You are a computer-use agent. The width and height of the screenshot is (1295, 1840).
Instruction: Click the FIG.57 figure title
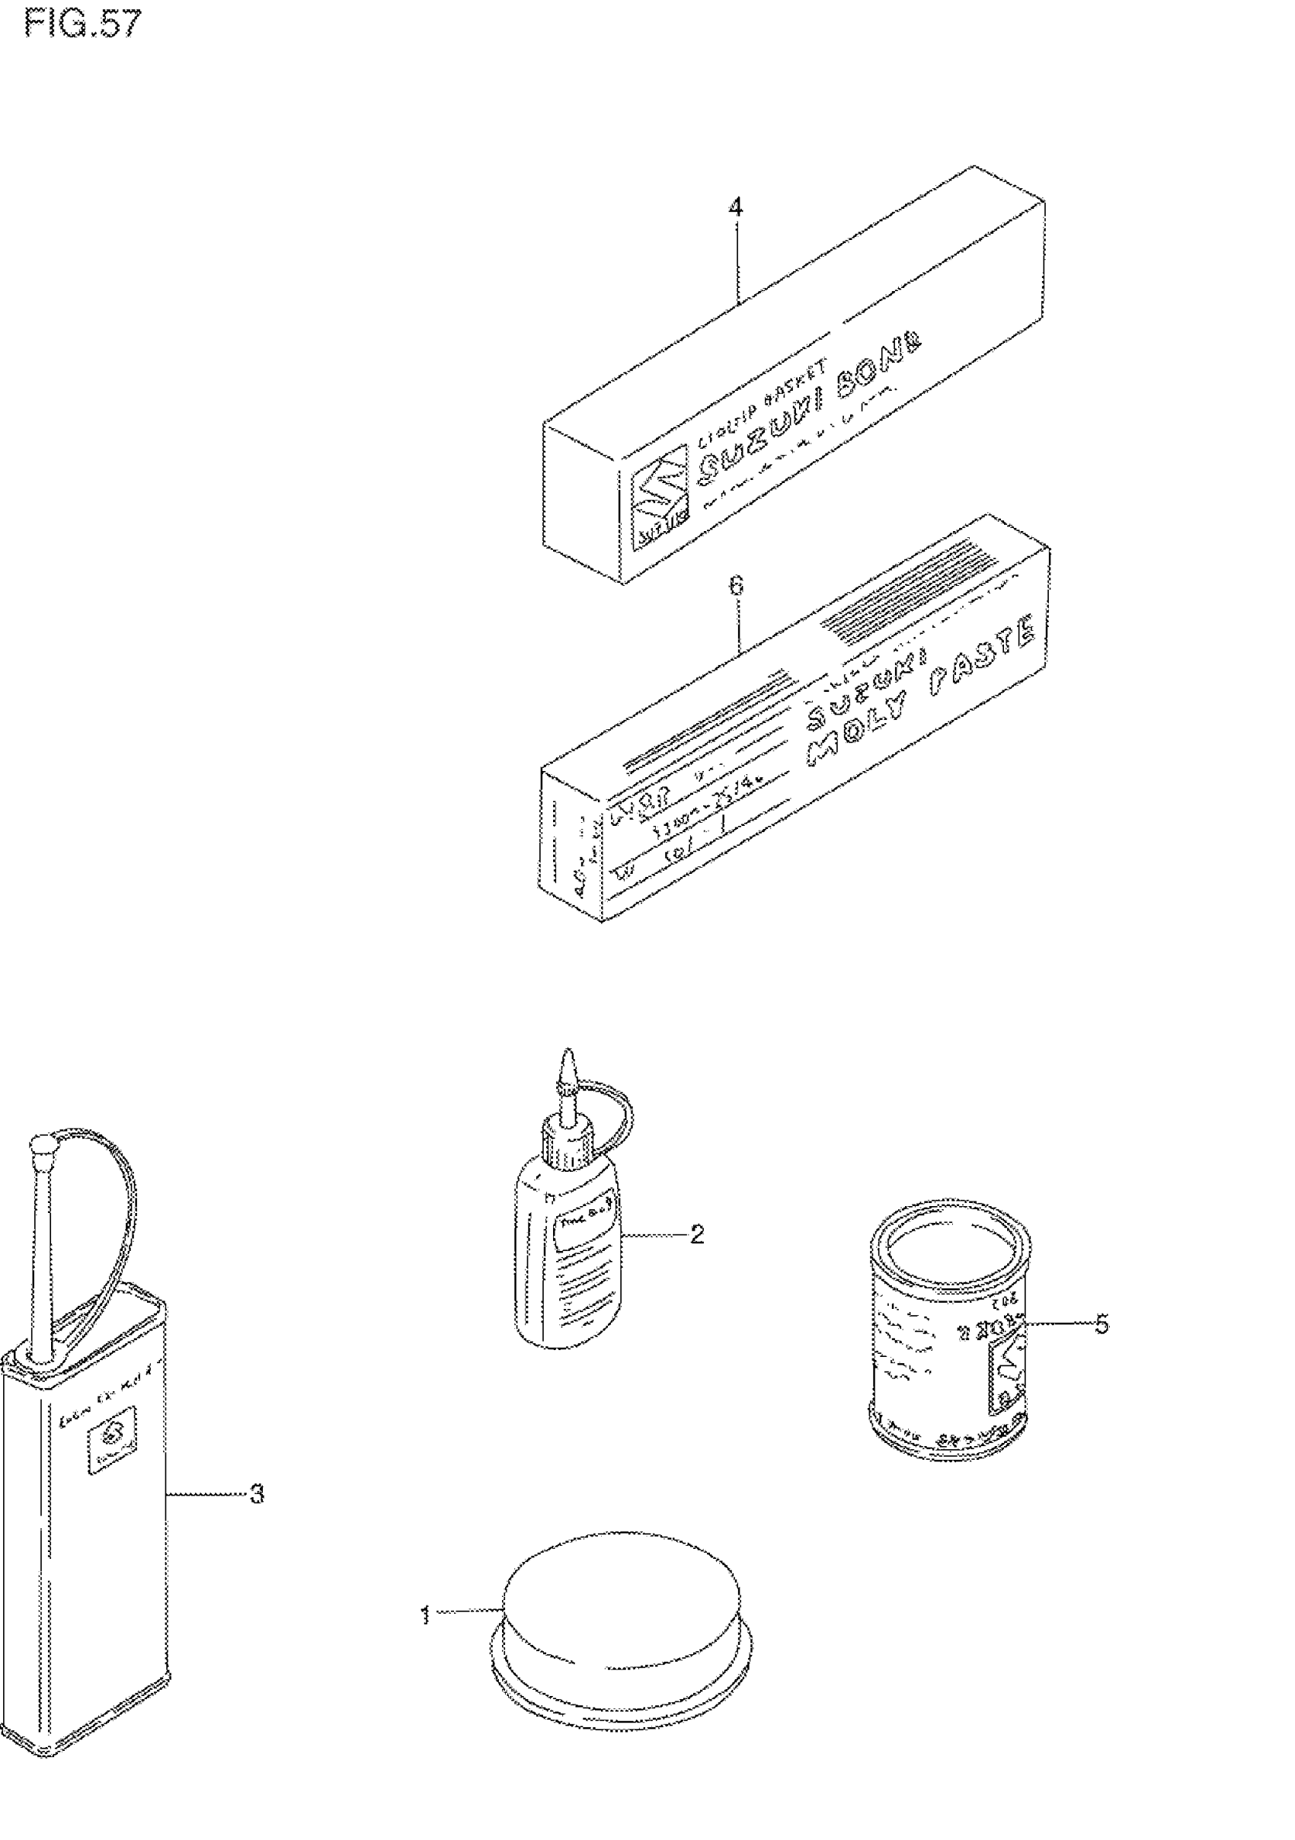[82, 24]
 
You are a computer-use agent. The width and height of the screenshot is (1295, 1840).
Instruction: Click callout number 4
[735, 207]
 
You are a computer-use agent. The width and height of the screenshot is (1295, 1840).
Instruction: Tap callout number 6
[735, 587]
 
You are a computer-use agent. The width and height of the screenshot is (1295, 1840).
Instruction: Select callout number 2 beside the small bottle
[696, 1234]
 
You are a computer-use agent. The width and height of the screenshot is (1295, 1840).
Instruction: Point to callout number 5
[1102, 1324]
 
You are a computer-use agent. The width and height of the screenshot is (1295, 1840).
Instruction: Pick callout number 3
[257, 1493]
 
